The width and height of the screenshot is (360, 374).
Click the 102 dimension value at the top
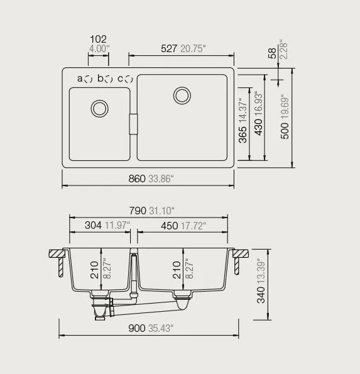tap(99, 39)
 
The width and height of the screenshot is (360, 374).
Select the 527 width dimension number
tap(168, 48)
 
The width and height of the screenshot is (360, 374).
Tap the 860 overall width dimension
tap(136, 179)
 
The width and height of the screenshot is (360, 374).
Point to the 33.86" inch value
tap(160, 179)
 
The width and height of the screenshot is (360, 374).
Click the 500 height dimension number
tap(285, 130)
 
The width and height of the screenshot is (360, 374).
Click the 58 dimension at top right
tap(271, 53)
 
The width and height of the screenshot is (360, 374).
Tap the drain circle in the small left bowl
tap(99, 107)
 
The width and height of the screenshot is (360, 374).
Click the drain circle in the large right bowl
tap(182, 96)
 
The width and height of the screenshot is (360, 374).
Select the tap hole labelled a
tap(89, 79)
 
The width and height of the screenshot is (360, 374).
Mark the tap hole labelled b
tap(109, 79)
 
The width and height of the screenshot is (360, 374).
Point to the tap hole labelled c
tap(129, 79)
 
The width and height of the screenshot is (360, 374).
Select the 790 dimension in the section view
tap(138, 211)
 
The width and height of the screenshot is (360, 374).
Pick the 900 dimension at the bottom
tap(136, 328)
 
